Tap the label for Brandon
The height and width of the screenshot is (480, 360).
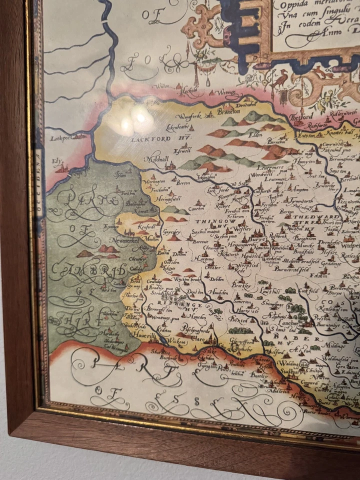(x=228, y=112)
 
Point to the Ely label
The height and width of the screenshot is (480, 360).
(x=58, y=162)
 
